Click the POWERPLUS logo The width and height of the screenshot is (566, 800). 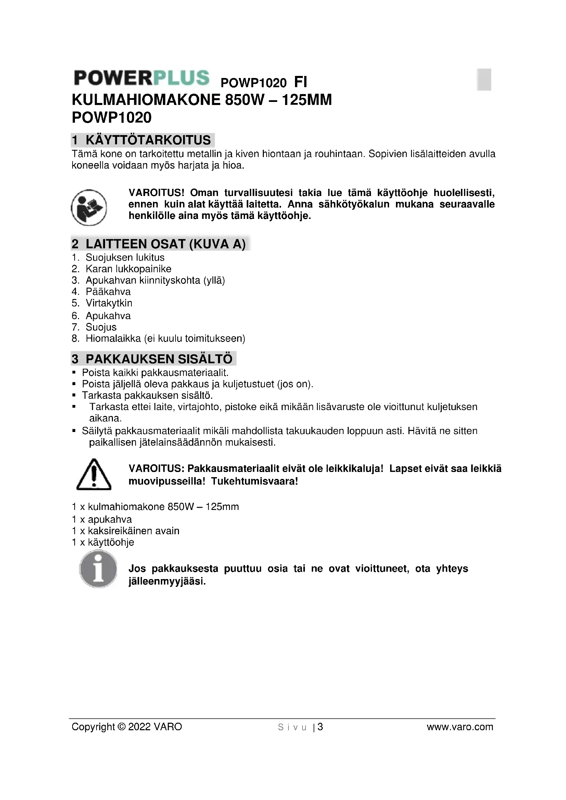142,78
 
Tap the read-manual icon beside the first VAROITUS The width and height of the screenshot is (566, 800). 89,207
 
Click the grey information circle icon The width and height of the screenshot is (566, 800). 98,569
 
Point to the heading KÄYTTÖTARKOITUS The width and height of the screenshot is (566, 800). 148,140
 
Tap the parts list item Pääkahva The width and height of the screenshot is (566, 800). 108,292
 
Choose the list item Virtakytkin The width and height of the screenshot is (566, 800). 109,303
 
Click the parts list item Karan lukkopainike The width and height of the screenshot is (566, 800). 128,269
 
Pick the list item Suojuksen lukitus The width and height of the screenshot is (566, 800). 125,258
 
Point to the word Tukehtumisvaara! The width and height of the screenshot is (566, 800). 254,482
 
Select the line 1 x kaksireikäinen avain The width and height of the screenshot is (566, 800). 126,531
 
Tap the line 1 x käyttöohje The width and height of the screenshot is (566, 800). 103,542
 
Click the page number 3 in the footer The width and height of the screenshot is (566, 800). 320,727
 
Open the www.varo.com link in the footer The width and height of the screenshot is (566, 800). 460,727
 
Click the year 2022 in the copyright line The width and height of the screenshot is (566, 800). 139,727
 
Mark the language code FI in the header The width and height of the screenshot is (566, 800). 300,82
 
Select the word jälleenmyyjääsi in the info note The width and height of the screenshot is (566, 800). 167,581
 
